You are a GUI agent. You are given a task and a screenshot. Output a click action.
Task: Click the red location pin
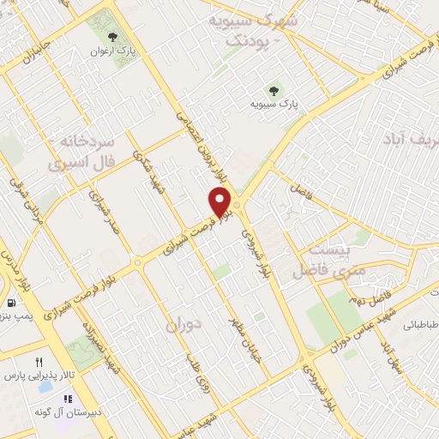221,202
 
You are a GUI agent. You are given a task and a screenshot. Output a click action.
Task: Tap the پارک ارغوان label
115,51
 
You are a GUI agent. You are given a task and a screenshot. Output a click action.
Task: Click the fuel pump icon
9,304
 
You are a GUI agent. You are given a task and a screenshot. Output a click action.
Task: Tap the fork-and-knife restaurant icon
39,363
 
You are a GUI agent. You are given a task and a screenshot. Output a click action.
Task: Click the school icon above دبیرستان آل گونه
67,400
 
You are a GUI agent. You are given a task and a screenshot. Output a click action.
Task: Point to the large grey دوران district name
183,326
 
